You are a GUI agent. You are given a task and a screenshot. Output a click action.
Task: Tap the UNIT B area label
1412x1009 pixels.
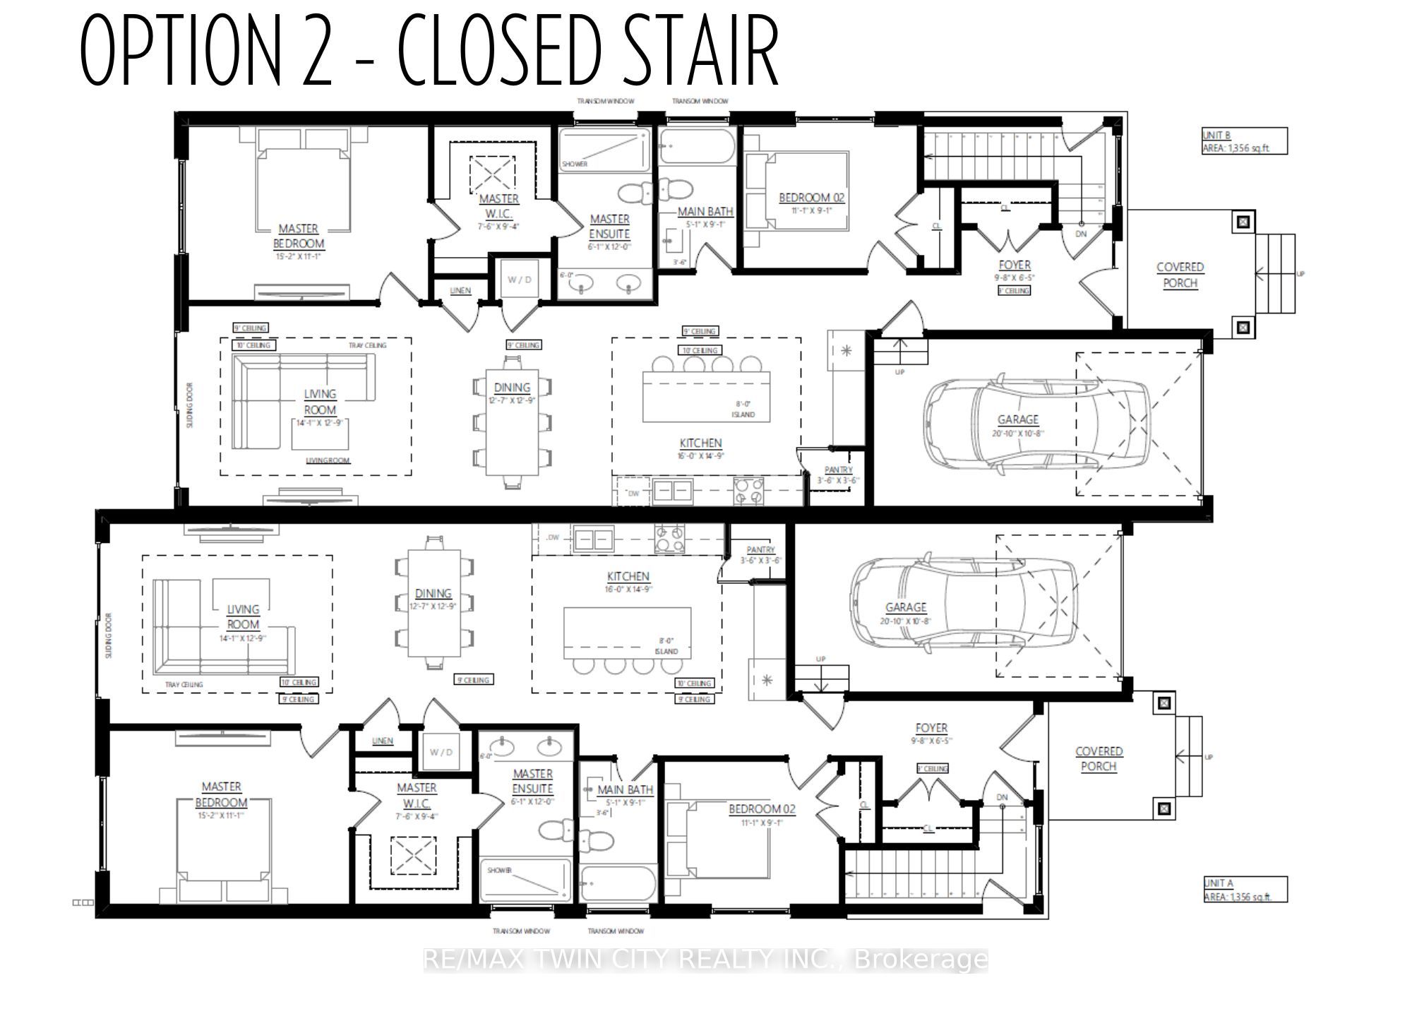pos(1245,141)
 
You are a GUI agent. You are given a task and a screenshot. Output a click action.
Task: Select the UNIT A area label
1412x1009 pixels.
pos(1245,890)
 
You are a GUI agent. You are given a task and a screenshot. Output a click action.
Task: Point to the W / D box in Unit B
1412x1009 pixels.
pos(520,280)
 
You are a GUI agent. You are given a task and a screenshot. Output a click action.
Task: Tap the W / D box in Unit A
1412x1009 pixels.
pos(441,752)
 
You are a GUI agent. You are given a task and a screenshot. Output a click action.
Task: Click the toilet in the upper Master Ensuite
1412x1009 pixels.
pos(634,192)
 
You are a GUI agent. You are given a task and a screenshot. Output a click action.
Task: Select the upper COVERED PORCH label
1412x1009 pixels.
pos(1180,275)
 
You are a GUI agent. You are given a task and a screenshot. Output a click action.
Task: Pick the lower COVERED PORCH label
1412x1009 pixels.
pos(1099,758)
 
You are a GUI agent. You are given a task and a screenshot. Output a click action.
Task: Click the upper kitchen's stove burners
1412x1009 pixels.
pos(749,491)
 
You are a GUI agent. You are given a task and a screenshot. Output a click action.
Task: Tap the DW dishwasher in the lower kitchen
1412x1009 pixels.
pos(553,538)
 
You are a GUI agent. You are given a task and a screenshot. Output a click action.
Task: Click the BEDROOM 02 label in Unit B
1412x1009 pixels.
pos(811,198)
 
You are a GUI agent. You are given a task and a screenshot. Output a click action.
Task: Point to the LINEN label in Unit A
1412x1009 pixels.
pos(382,741)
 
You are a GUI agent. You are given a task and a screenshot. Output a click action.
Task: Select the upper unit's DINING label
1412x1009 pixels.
pos(512,388)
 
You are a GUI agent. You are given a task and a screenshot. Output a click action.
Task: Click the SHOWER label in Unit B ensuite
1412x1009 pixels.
pos(575,164)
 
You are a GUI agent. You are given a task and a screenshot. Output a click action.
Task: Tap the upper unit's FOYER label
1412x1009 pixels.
pos(1015,265)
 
